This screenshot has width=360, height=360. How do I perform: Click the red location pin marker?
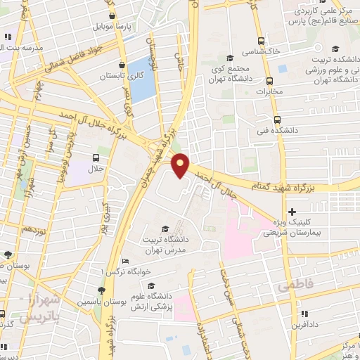click(181, 165)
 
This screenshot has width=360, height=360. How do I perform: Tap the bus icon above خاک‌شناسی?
click(262, 41)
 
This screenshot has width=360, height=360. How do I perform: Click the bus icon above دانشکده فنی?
click(277, 119)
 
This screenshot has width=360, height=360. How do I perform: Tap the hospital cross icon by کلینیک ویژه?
click(292, 212)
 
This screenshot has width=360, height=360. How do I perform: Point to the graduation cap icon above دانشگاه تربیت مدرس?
click(165, 228)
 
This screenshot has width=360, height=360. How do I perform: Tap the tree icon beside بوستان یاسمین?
click(102, 290)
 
